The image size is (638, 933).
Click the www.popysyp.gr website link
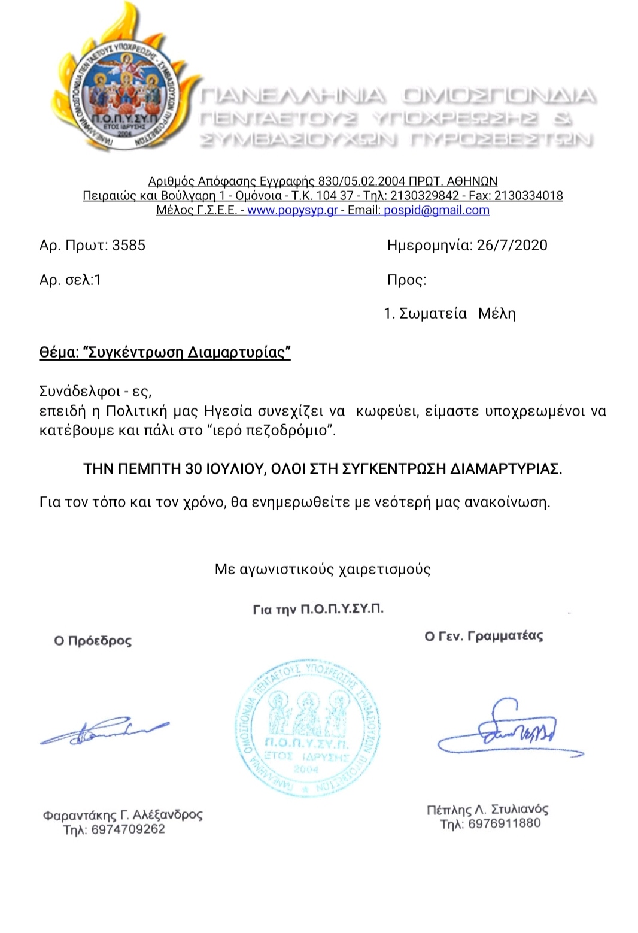point(292,210)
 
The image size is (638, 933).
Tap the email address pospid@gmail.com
point(436,210)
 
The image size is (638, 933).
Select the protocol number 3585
point(129,245)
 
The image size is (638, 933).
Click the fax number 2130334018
point(528,196)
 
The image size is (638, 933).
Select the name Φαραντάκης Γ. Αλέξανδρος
point(123,815)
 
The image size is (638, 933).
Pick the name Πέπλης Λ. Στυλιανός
point(487,810)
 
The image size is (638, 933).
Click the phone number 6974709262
point(128,829)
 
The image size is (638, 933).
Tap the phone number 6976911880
point(504,824)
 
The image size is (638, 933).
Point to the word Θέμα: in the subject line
point(58,352)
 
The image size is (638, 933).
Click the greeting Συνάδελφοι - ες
point(95,392)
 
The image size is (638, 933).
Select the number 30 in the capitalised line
point(193,469)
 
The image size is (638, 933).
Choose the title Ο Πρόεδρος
point(93,641)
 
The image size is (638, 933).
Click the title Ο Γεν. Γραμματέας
point(484,636)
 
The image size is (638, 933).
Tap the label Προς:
point(406,280)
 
